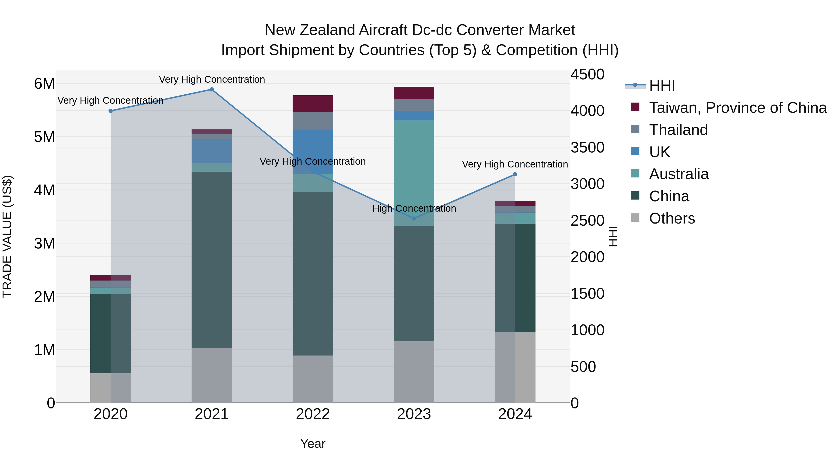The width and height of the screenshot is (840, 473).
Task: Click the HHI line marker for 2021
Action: point(212,89)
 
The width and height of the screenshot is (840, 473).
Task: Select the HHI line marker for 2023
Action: point(414,218)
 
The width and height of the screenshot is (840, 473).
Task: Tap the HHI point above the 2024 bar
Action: point(515,174)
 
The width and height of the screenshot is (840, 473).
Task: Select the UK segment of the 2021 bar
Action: point(212,151)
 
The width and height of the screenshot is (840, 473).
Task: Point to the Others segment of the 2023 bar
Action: point(414,372)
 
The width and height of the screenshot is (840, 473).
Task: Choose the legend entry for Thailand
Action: point(678,130)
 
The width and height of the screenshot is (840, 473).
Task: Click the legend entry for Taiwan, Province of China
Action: point(738,108)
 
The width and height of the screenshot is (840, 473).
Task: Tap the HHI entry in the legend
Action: point(662,85)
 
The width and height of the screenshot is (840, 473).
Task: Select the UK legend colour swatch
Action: point(635,151)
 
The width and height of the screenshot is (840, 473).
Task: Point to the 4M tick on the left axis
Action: point(44,190)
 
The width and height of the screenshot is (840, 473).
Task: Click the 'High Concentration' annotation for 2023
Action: point(414,208)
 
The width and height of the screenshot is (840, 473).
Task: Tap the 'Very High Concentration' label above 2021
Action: point(212,79)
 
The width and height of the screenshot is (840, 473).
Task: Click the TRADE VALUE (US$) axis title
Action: point(7,236)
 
